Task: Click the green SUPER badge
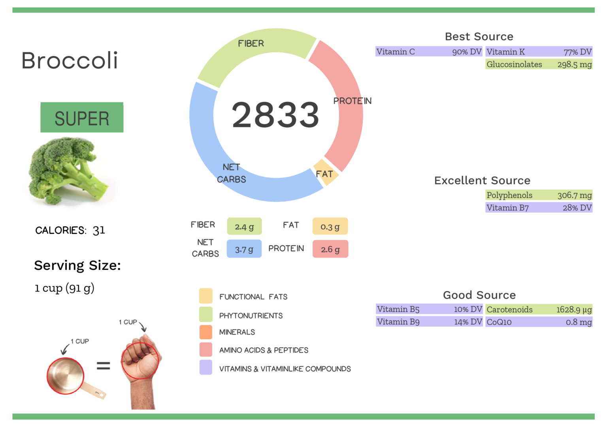tap(82, 117)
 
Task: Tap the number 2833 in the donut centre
tap(275, 115)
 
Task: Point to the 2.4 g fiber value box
tap(244, 226)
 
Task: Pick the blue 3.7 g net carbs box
tap(244, 249)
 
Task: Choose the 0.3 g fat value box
tap(330, 226)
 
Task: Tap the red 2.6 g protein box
tap(330, 249)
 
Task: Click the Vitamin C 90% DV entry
tap(429, 52)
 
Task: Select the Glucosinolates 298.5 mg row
tap(539, 64)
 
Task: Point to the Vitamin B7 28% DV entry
tap(539, 208)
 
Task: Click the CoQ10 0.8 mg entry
tap(539, 322)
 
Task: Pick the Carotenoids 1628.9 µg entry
tap(539, 310)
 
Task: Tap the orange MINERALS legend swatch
tap(206, 332)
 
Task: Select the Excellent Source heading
tap(482, 181)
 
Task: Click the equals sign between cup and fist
tap(104, 366)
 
